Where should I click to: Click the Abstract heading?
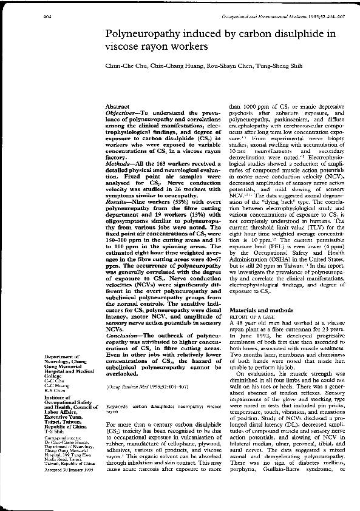pos(118,106)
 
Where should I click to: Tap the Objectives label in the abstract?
pos(124,113)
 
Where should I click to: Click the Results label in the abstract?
pos(119,195)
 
